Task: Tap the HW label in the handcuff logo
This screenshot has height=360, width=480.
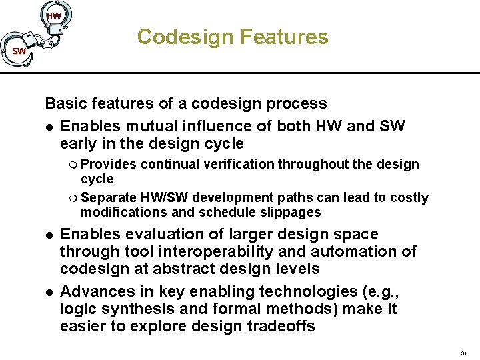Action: coord(54,15)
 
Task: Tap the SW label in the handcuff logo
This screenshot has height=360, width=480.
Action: coord(19,51)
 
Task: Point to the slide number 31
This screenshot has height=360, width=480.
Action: coord(464,353)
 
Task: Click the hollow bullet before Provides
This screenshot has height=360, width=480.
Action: coord(73,165)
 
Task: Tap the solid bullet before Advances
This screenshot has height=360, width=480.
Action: coord(49,292)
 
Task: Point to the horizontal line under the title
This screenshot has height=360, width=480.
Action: coord(267,72)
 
